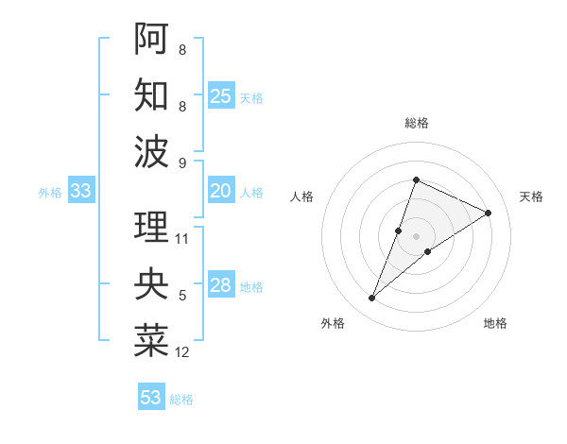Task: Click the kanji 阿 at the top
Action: (x=151, y=39)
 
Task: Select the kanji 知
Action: (x=151, y=94)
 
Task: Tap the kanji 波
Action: (x=151, y=151)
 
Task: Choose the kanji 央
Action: (x=151, y=284)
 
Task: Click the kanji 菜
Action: (x=151, y=341)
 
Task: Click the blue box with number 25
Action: (x=221, y=95)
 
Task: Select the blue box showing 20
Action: (x=221, y=191)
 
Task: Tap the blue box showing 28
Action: (x=221, y=285)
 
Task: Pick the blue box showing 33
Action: (x=81, y=191)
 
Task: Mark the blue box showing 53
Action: (x=151, y=398)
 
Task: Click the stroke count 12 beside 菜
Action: (x=182, y=352)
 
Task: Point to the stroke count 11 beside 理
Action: (x=182, y=239)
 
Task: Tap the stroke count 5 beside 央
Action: (x=182, y=296)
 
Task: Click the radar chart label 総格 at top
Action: (x=416, y=123)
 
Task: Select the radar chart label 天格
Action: (x=531, y=196)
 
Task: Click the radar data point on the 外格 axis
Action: (x=372, y=299)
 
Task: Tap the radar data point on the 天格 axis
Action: (x=489, y=213)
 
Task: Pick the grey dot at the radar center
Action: (x=416, y=236)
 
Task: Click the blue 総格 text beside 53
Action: (x=181, y=400)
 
